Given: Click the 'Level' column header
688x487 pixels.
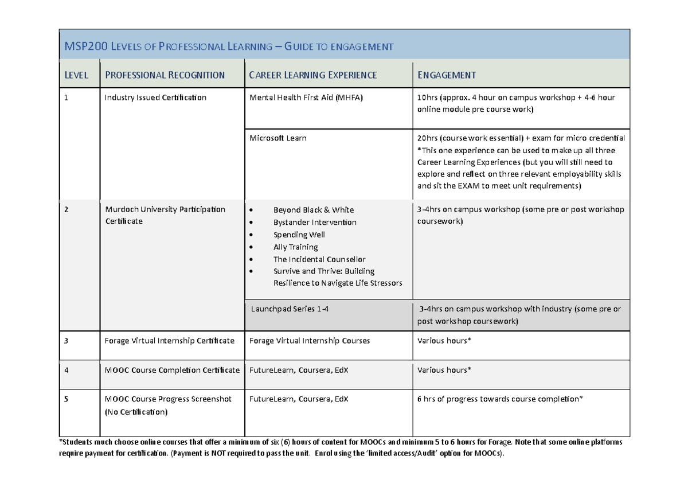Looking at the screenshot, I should pos(77,75).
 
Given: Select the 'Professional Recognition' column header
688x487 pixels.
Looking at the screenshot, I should pos(164,75).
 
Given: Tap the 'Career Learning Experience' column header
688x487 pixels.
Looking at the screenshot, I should pos(312,75).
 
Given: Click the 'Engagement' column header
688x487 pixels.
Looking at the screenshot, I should pos(447,75).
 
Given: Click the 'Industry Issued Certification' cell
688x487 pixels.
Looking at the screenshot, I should pos(155,98).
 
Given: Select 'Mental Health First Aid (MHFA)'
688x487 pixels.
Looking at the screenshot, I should pos(306,98).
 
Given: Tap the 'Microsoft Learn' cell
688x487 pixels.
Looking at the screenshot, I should pos(278,138).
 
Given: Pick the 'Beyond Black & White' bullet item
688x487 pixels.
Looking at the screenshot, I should pos(314,210).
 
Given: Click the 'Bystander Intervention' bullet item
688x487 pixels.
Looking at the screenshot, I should pos(315,223).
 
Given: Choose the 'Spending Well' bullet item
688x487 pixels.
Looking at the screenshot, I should pos(299,235).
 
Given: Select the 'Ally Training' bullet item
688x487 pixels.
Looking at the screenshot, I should pos(295,247).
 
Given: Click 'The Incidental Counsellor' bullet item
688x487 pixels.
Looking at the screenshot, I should pos(319,259).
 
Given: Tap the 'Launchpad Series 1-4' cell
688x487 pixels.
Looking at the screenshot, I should pos(290,309).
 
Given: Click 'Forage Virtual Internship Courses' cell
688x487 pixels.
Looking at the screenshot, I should pos(310,341).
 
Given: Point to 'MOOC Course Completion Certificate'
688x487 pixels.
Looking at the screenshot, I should pos(172,370).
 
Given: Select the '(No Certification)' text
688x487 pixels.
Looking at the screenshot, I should pos(136,412).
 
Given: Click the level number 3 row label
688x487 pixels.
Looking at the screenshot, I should pos(67,341).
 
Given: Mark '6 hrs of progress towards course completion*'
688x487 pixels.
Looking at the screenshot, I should pos(500,399).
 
